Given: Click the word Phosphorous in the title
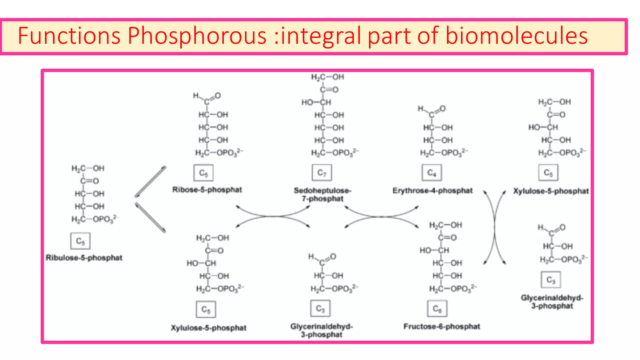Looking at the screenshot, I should pyautogui.click(x=197, y=36).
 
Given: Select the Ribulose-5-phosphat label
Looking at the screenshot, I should pyautogui.click(x=84, y=258).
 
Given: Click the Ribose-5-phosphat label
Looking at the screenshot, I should pyautogui.click(x=207, y=190).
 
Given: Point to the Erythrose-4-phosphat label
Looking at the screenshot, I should pyautogui.click(x=432, y=191).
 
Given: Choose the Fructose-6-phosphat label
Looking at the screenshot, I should pyautogui.click(x=442, y=327).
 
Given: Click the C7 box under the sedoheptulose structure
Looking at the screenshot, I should pyautogui.click(x=322, y=173).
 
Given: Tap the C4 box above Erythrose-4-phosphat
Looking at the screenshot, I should pyautogui.click(x=432, y=173).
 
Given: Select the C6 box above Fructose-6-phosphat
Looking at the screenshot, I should pyautogui.click(x=437, y=309).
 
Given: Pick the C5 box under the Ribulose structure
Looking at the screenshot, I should pyautogui.click(x=80, y=241).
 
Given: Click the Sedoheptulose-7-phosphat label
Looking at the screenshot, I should pyautogui.click(x=322, y=194).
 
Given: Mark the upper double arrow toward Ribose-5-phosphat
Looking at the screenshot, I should pyautogui.click(x=150, y=182).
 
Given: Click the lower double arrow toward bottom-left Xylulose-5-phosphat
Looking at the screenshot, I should pyautogui.click(x=150, y=217).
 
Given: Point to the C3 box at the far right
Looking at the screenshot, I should pyautogui.click(x=551, y=280).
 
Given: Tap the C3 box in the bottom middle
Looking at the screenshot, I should pyautogui.click(x=320, y=308).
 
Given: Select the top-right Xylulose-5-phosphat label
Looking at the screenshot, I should pyautogui.click(x=551, y=191).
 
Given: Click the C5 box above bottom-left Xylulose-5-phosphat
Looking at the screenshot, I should pyautogui.click(x=206, y=309).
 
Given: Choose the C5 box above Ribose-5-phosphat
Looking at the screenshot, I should pyautogui.click(x=203, y=173).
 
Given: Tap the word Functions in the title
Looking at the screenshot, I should pyautogui.click(x=69, y=36).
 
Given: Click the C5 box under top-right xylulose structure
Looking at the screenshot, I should pyautogui.click(x=548, y=173).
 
